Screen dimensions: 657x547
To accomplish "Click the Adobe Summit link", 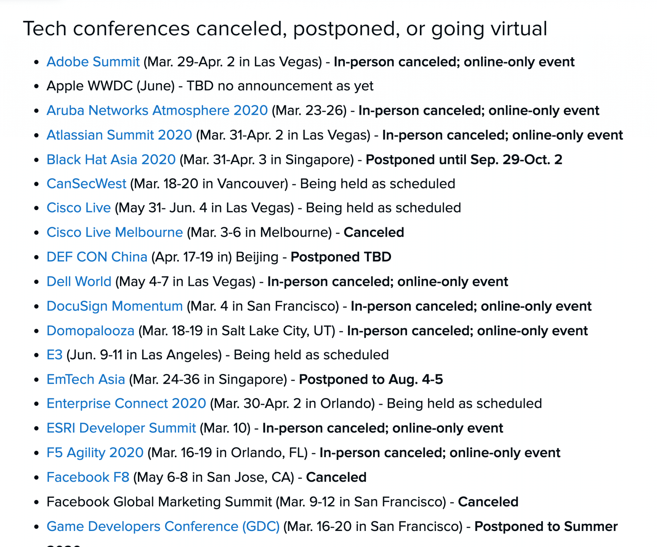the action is click(x=93, y=62).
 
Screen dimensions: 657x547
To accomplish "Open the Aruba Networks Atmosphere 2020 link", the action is click(x=157, y=110).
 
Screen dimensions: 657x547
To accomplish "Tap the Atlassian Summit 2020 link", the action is click(x=119, y=135).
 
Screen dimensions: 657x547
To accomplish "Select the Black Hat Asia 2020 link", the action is click(x=111, y=159).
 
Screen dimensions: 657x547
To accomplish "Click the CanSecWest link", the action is click(x=87, y=184).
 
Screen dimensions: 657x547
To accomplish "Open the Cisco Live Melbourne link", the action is click(x=115, y=232).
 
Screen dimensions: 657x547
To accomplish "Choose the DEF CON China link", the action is click(x=97, y=257).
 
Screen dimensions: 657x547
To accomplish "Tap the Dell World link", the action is click(x=79, y=281).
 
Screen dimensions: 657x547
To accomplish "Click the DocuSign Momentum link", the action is click(x=115, y=306).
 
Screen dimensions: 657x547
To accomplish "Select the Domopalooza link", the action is click(x=90, y=331).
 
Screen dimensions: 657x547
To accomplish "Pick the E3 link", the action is click(x=55, y=355).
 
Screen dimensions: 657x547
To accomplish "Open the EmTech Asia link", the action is click(x=86, y=379).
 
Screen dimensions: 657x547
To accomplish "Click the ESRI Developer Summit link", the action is click(x=121, y=428).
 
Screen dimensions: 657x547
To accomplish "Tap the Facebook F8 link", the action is click(x=88, y=477).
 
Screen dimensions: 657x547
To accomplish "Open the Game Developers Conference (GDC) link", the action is click(x=163, y=526).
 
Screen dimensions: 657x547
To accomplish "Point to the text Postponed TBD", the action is click(x=341, y=257).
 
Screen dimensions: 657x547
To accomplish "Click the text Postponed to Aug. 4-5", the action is click(x=371, y=379).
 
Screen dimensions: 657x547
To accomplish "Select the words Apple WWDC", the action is click(x=90, y=86).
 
